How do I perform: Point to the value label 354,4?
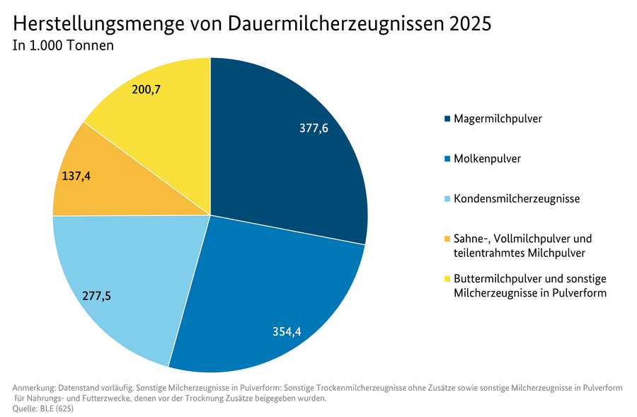(x=287, y=332)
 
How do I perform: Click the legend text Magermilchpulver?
(x=498, y=118)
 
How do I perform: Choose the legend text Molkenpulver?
(x=487, y=159)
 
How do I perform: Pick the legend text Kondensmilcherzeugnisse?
(x=517, y=199)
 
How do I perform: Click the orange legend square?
(x=447, y=239)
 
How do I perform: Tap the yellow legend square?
(x=447, y=280)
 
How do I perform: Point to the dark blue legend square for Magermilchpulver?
(x=447, y=119)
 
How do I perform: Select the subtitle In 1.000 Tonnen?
(x=64, y=46)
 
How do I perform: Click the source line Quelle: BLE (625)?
(x=43, y=409)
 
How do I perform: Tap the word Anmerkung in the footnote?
(x=35, y=388)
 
